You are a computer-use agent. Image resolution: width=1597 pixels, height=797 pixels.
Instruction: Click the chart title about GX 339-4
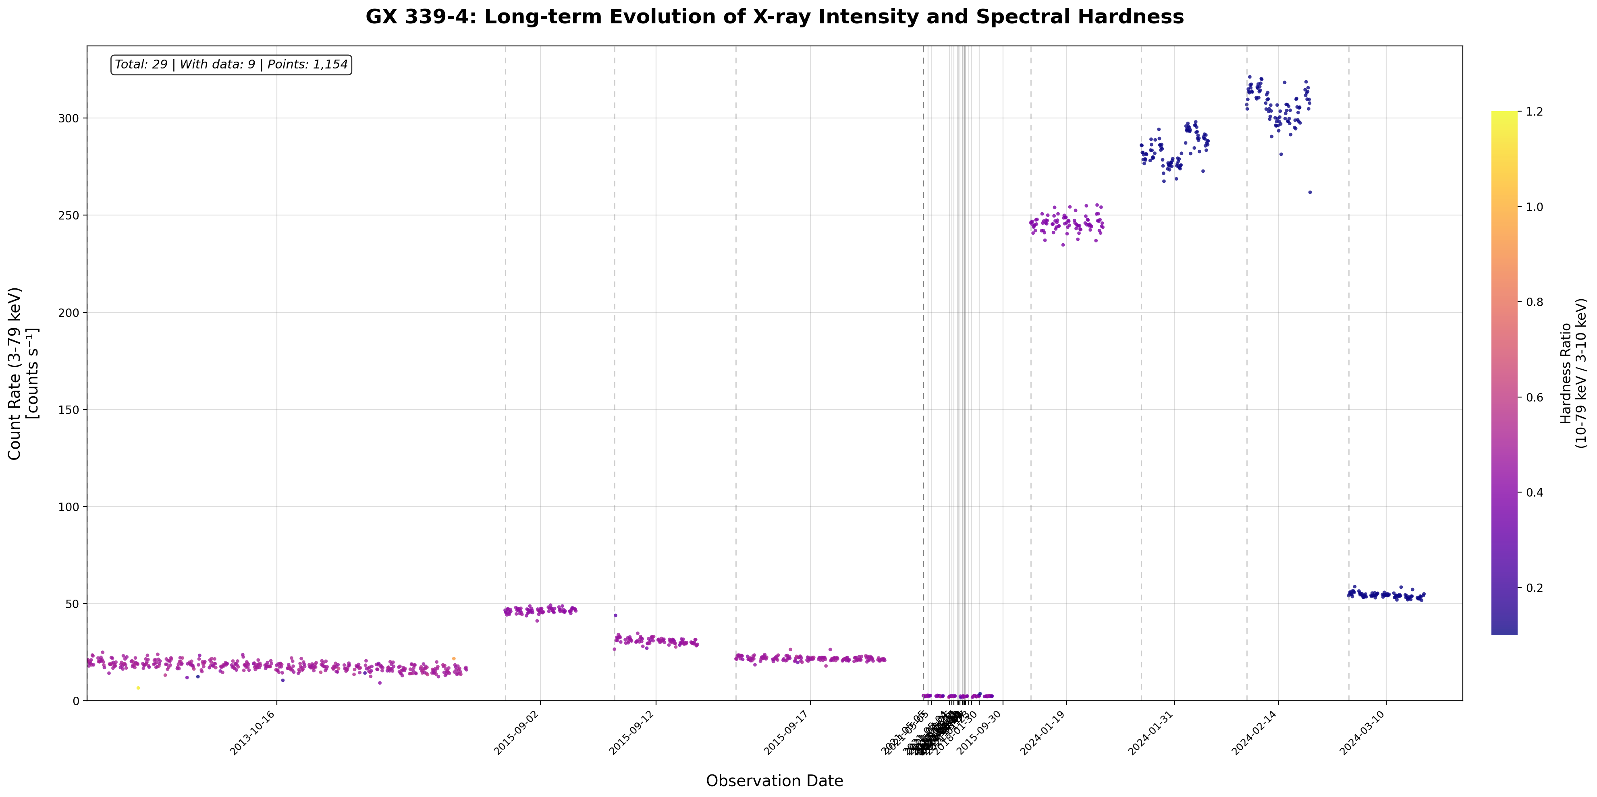tap(775, 17)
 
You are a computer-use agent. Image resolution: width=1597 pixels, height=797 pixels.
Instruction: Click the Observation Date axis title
tap(775, 781)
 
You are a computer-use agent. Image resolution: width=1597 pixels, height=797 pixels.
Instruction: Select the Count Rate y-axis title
tap(23, 373)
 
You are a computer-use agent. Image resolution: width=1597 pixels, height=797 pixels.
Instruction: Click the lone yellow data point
tap(138, 688)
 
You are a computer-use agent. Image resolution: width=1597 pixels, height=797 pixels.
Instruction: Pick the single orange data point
tap(453, 658)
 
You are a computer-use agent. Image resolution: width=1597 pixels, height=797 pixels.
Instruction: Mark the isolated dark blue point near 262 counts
tap(1310, 192)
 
